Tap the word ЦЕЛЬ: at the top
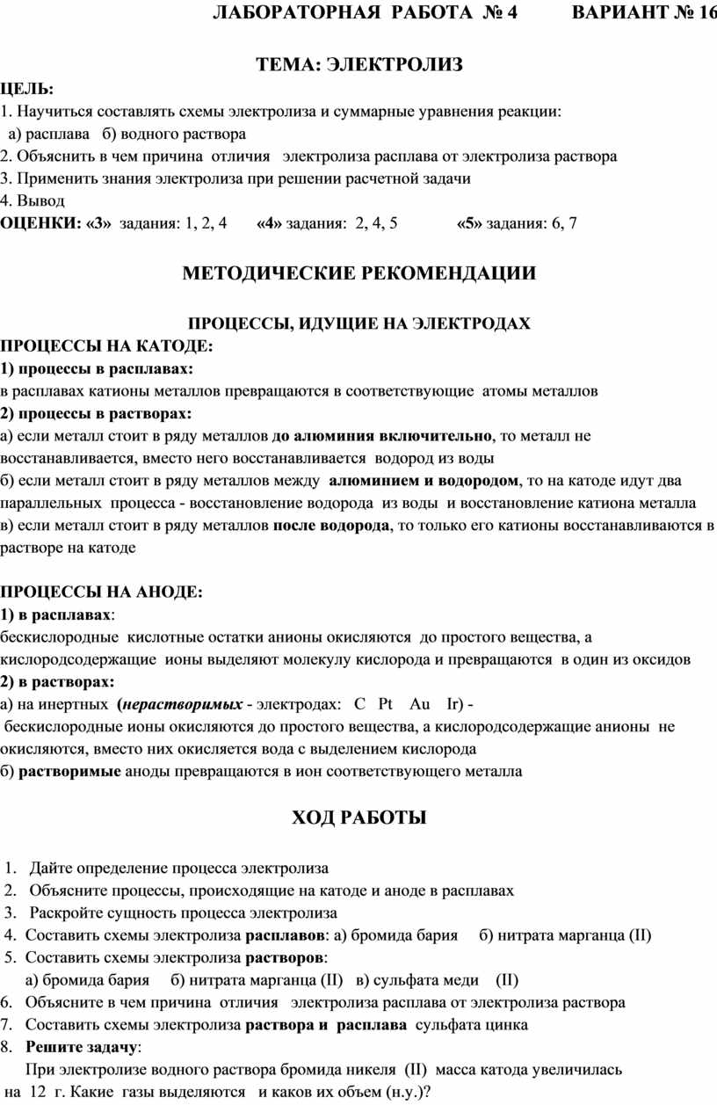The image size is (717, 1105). (26, 89)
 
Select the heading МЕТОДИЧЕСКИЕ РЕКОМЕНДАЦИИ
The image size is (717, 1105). (358, 273)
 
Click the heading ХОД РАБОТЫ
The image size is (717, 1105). (358, 818)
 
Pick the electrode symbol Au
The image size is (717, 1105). (420, 705)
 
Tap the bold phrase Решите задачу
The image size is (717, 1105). (82, 1047)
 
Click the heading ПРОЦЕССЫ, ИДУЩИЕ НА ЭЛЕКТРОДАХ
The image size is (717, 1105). (360, 324)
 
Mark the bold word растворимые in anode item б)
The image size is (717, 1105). (70, 772)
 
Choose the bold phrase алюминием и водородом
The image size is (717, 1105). (423, 481)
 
